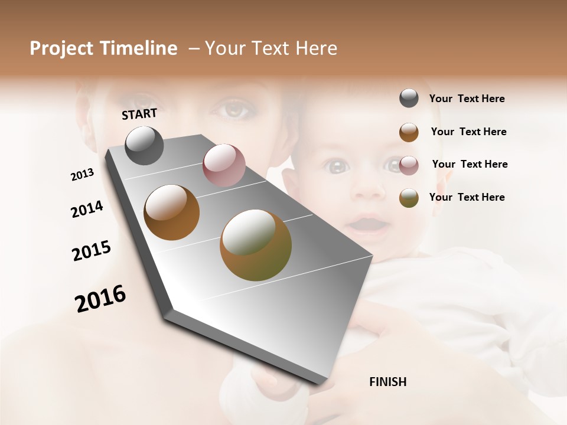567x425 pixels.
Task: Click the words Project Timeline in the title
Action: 103,48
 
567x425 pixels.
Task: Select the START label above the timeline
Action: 139,114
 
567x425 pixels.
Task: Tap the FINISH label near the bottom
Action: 387,382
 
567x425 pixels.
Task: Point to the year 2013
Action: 82,175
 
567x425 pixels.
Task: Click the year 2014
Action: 87,209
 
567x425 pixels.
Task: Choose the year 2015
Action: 91,251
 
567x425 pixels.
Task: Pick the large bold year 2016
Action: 100,299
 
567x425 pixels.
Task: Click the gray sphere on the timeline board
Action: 144,145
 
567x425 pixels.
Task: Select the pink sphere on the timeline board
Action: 224,165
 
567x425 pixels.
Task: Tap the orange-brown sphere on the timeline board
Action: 172,212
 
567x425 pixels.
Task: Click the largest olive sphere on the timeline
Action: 256,245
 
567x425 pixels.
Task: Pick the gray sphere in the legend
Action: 409,99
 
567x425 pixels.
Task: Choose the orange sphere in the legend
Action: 409,132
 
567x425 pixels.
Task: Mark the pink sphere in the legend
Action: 409,165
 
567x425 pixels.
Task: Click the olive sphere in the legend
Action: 409,198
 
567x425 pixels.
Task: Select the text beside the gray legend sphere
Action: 467,99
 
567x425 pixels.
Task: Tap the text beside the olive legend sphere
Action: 467,197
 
